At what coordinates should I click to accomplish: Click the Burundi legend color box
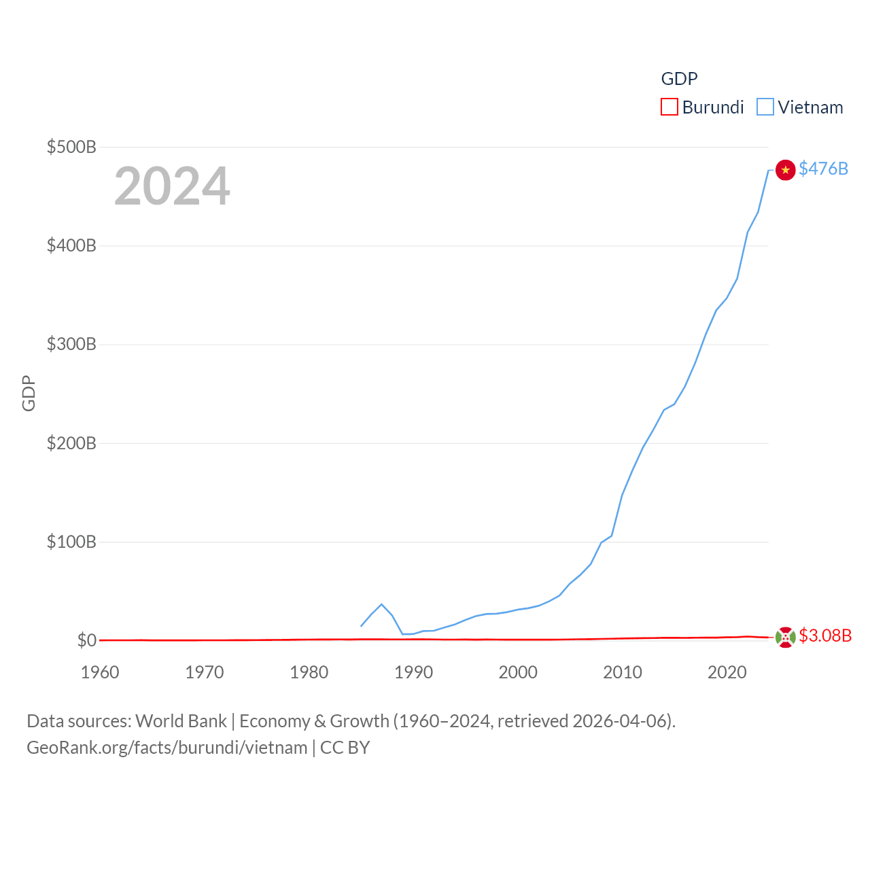(x=669, y=107)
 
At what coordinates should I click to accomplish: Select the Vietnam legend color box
(x=765, y=107)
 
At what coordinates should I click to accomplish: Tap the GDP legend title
(x=679, y=79)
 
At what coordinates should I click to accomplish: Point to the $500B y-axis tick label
(x=71, y=147)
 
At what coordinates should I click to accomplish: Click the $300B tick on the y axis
(x=71, y=344)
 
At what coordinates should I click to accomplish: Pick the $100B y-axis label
(x=71, y=542)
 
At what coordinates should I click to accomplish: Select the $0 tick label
(x=87, y=640)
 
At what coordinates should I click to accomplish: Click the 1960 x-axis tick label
(x=100, y=672)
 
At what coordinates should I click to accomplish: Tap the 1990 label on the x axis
(x=413, y=672)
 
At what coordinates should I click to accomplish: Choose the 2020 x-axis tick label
(x=727, y=672)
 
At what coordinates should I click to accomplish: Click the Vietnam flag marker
(x=785, y=170)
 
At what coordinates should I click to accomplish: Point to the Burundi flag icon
(x=785, y=638)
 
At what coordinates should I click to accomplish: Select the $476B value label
(x=823, y=169)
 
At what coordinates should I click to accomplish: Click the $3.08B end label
(x=825, y=636)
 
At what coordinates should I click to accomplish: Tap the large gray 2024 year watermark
(x=172, y=186)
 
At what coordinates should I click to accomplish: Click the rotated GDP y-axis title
(x=29, y=393)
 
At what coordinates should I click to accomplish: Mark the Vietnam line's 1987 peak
(x=381, y=604)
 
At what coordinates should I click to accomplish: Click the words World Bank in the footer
(x=181, y=720)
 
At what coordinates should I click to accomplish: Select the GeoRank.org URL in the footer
(x=167, y=748)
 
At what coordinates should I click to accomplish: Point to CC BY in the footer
(x=345, y=748)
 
